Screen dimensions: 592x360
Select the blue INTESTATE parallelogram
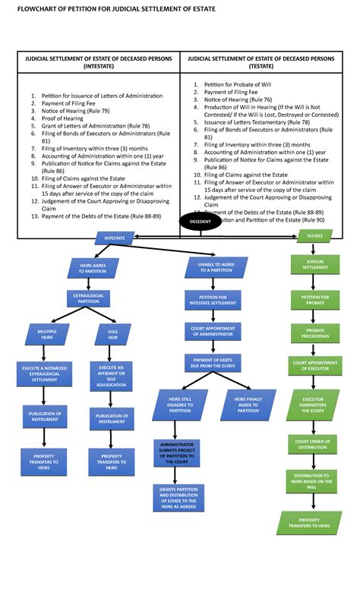click(115, 238)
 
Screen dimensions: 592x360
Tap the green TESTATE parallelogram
click(315, 237)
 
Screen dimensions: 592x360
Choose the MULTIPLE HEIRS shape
click(48, 335)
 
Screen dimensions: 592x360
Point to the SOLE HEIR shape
click(112, 335)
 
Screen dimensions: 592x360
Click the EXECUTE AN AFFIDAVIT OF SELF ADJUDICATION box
click(112, 376)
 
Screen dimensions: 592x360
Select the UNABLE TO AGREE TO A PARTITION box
click(216, 267)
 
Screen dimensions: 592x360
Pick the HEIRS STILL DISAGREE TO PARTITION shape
click(180, 405)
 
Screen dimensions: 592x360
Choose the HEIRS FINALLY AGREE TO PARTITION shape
click(247, 405)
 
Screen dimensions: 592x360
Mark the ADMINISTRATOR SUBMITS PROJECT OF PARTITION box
click(175, 451)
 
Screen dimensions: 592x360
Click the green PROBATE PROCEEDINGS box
click(315, 333)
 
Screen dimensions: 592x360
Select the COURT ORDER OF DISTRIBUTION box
click(315, 443)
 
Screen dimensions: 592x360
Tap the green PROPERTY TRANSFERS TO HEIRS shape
click(314, 522)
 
